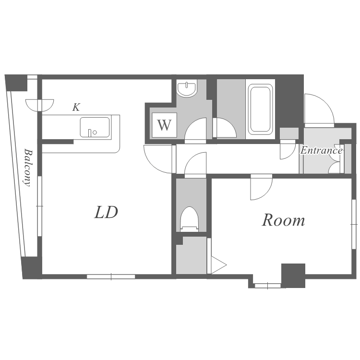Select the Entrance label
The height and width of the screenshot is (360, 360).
(322, 150)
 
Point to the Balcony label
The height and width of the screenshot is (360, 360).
(28, 168)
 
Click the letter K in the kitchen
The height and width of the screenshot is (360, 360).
(76, 107)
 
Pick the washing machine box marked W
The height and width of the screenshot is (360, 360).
(164, 125)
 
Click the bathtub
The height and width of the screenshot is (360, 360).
(260, 109)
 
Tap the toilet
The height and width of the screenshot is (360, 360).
(190, 218)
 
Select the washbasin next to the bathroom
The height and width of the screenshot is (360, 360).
(187, 88)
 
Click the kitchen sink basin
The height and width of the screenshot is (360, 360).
(95, 127)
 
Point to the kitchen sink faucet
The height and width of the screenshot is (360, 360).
(90, 133)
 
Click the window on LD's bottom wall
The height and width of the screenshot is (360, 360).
(111, 276)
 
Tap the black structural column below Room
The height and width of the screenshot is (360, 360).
(293, 276)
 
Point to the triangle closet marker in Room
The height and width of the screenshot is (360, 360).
(219, 264)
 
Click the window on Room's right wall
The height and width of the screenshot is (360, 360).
(354, 224)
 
